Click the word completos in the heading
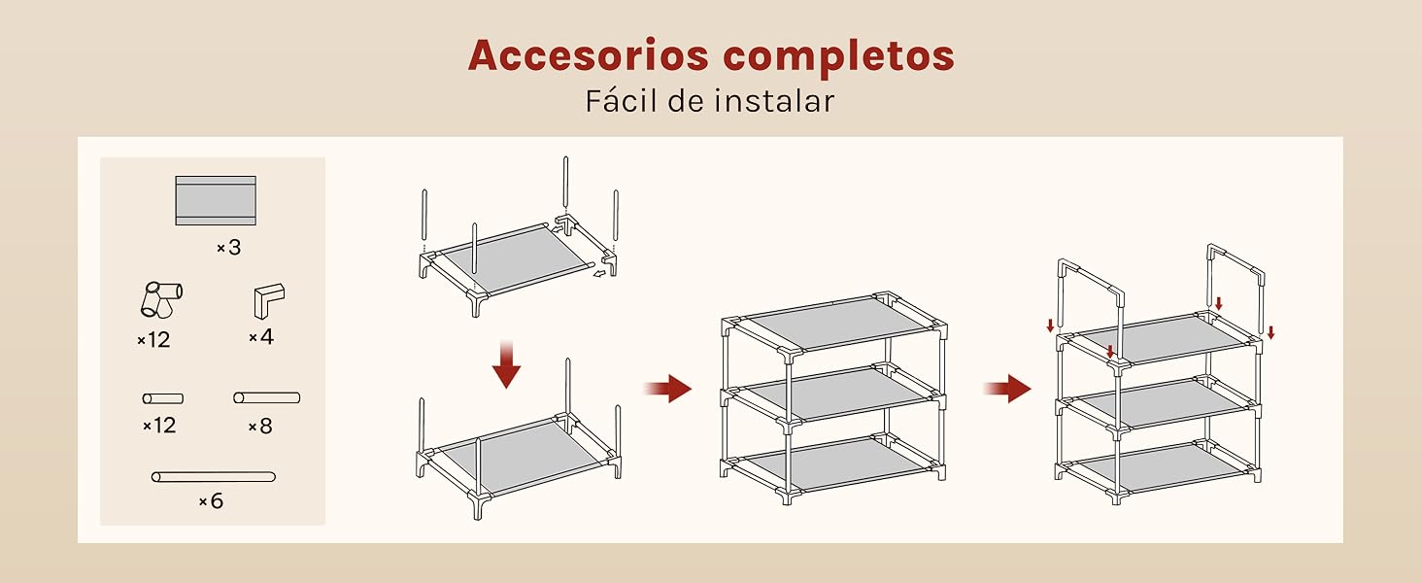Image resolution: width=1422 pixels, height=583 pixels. click(x=838, y=57)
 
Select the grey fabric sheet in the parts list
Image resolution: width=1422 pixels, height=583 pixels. click(x=216, y=201)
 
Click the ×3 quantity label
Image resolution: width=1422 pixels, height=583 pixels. click(x=229, y=248)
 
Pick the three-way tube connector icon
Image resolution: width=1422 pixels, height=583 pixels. click(x=161, y=299)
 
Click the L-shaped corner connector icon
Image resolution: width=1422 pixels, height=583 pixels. click(x=269, y=300)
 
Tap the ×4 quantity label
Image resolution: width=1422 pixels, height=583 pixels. click(x=261, y=336)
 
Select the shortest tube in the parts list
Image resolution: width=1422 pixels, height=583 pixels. click(x=163, y=398)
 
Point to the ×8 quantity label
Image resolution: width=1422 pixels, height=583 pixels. click(x=260, y=427)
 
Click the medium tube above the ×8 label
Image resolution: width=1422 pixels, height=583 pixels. click(x=266, y=397)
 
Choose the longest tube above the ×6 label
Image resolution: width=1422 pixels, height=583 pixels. click(x=214, y=477)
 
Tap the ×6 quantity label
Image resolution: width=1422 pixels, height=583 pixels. click(x=212, y=501)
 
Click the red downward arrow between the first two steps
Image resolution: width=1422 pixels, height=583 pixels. click(x=506, y=364)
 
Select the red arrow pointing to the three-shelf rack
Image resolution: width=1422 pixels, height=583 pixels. click(x=668, y=388)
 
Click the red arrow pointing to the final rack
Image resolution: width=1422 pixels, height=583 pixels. click(x=1007, y=388)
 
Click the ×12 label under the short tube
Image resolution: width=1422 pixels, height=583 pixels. click(x=160, y=426)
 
